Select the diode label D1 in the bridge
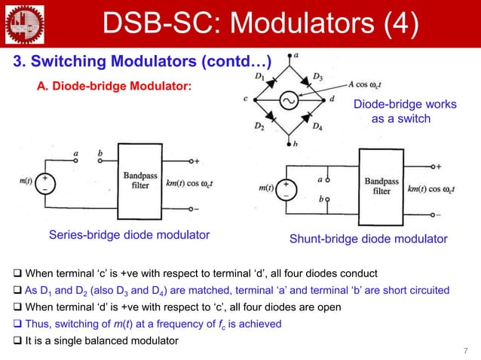pyautogui.click(x=259, y=76)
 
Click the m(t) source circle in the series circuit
pyautogui.click(x=47, y=182)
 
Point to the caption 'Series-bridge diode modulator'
pyautogui.click(x=129, y=235)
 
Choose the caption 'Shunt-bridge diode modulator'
pyautogui.click(x=368, y=239)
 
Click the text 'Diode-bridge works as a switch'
pyautogui.click(x=405, y=111)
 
